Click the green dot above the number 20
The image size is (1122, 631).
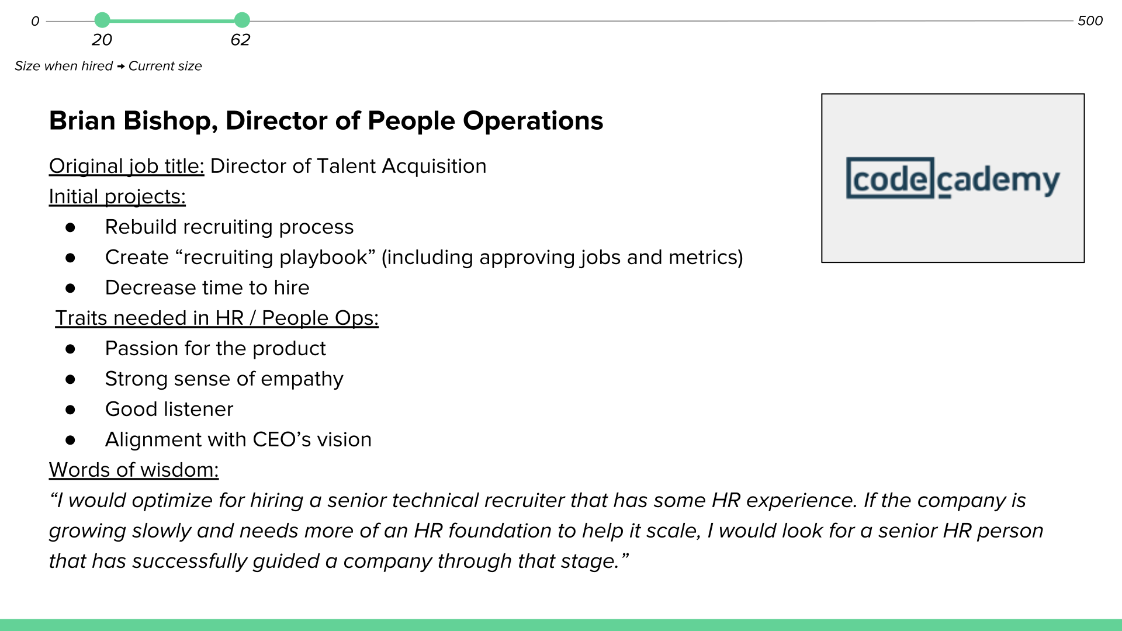pos(102,20)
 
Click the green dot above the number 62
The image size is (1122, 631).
pos(242,20)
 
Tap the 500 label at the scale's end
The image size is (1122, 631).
pos(1090,20)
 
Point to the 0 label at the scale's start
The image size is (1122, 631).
pos(35,21)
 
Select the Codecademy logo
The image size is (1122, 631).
pos(953,178)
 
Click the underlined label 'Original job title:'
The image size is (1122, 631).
pos(126,166)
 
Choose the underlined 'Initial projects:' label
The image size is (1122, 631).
pos(117,196)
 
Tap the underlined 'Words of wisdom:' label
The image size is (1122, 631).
pos(134,470)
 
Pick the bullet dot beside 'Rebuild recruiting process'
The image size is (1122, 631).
pos(71,227)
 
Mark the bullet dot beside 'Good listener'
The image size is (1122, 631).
pos(71,410)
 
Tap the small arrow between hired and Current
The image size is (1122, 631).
pos(120,67)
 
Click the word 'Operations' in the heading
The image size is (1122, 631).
pos(533,122)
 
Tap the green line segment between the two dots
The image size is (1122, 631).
pos(172,20)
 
